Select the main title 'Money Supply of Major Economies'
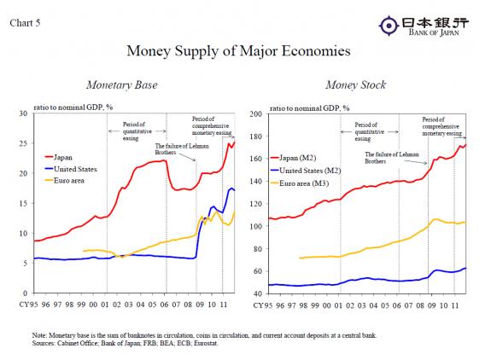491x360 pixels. click(238, 51)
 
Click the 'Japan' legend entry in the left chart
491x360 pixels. click(63, 158)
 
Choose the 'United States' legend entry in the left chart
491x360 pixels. click(74, 170)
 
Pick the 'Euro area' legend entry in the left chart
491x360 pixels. click(68, 182)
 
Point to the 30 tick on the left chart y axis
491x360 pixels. click(25, 113)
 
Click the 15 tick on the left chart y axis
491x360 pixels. click(25, 203)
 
